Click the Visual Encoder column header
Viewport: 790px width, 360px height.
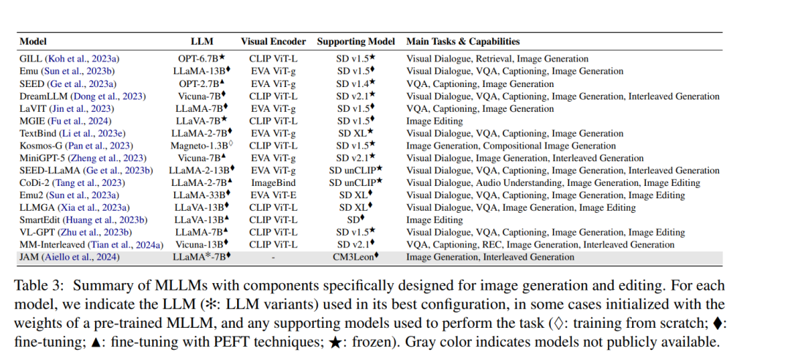[x=273, y=42]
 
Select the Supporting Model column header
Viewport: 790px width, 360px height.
[x=355, y=42]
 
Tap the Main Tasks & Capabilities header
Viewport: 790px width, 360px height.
[x=463, y=42]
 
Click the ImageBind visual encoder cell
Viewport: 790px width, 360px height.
[x=273, y=182]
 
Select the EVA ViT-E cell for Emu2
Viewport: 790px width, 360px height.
[x=273, y=195]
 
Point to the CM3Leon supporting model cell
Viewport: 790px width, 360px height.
[x=355, y=257]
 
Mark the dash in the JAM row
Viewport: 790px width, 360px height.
[x=273, y=258]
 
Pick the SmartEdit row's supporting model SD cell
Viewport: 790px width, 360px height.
[x=355, y=220]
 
